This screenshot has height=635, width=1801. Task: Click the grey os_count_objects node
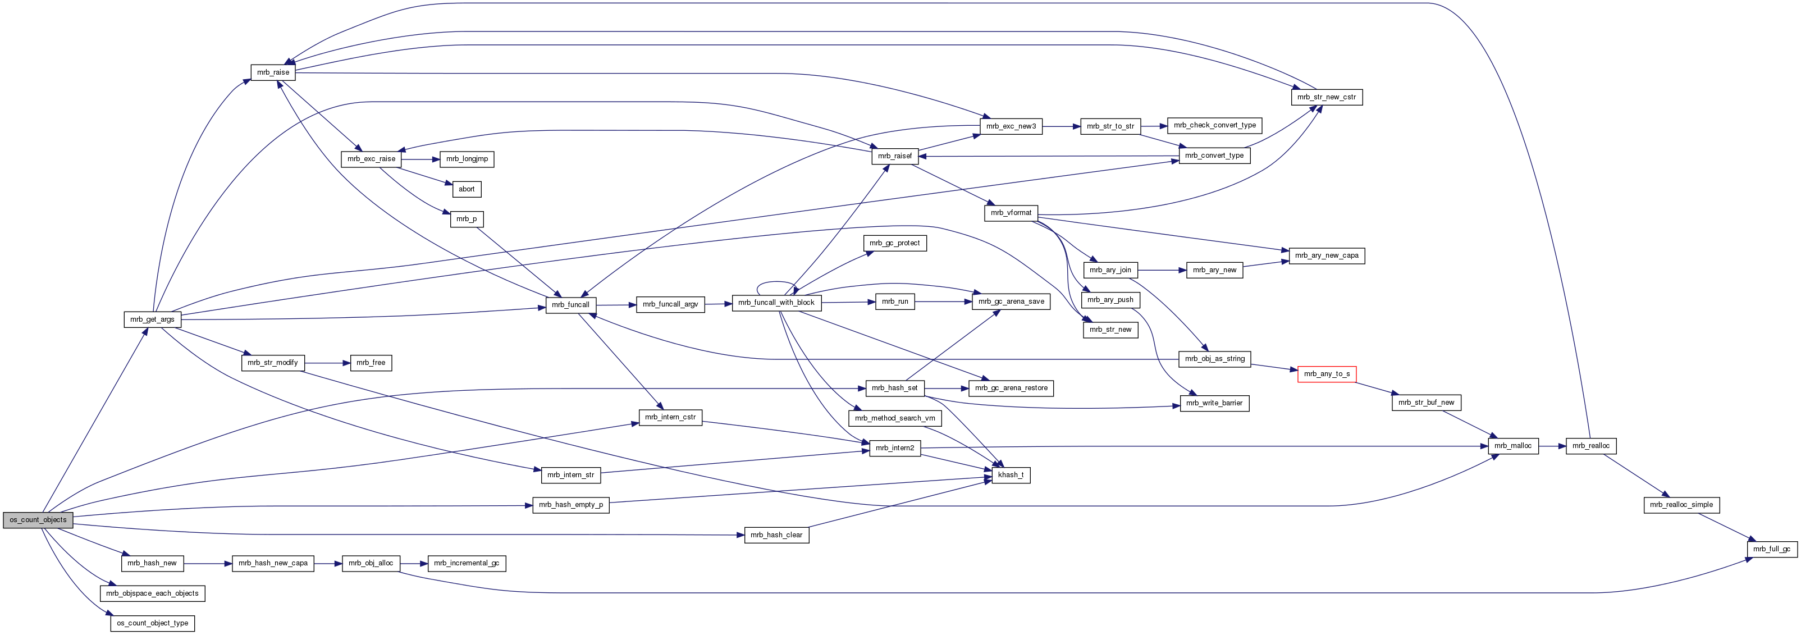38,519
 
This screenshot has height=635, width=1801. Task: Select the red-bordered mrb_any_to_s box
1326,374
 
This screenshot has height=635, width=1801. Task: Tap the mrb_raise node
273,72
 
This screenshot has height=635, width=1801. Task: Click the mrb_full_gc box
1772,549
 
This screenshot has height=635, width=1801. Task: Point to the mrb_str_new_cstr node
1326,97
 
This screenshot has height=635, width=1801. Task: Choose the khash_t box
1011,475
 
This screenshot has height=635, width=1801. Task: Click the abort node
467,189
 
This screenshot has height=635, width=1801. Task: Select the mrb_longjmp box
467,159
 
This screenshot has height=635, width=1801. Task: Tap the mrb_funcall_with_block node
776,303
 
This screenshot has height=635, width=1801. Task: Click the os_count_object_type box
152,623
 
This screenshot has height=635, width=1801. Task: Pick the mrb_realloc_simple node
1681,505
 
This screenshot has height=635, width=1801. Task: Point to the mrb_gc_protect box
894,243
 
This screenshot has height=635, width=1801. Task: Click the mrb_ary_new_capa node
1326,255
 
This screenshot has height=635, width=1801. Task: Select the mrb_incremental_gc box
467,563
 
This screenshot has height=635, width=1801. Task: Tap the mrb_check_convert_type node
1214,125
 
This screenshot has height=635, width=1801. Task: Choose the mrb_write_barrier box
1214,403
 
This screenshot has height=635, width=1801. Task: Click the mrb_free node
371,362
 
